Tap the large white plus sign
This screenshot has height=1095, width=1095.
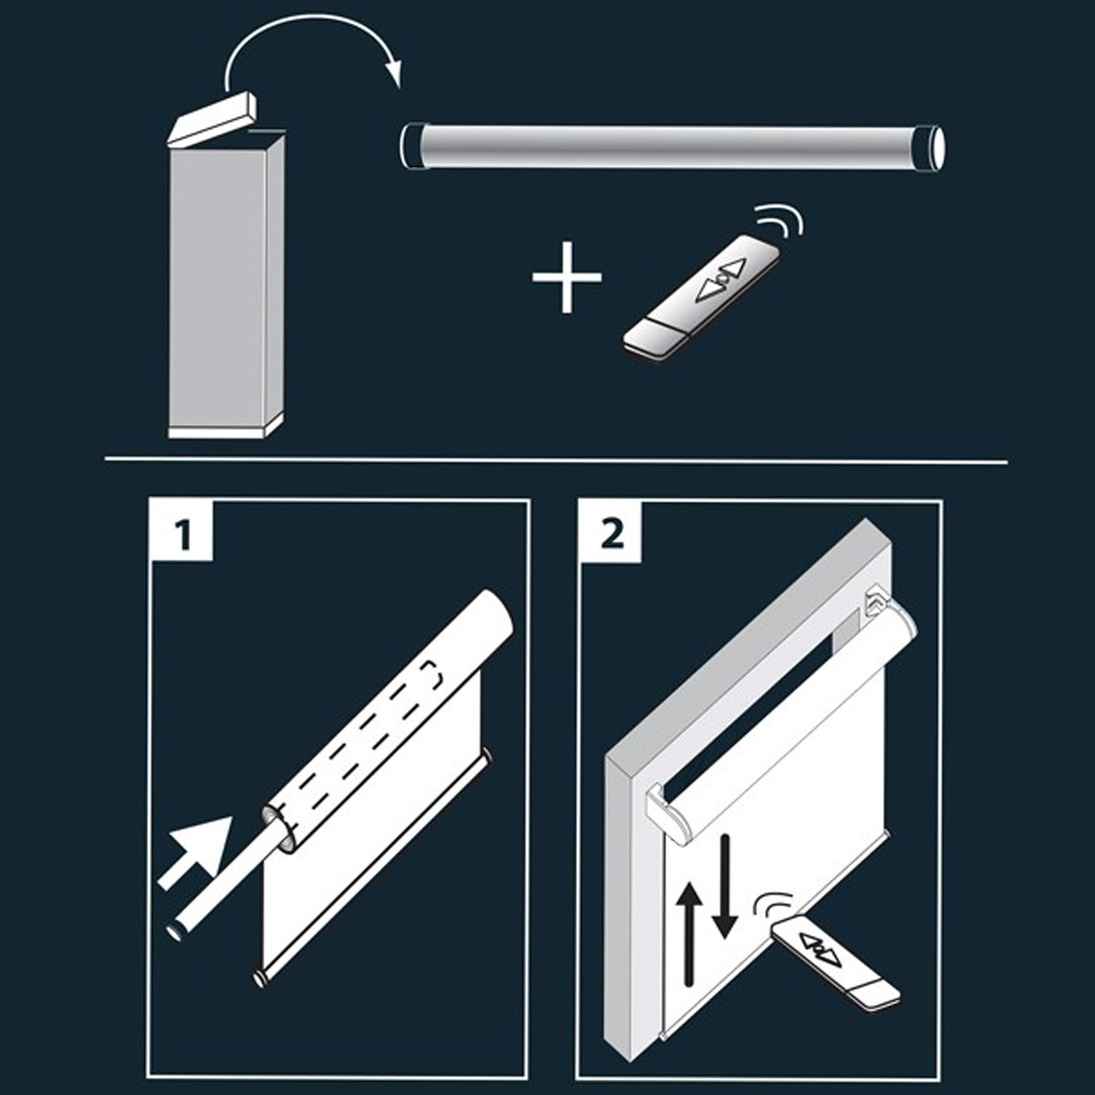pyautogui.click(x=567, y=277)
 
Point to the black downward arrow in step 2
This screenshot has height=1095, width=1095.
pyautogui.click(x=724, y=887)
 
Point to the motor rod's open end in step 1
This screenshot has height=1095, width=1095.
pyautogui.click(x=177, y=933)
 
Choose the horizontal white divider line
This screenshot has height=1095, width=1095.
pyautogui.click(x=556, y=461)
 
